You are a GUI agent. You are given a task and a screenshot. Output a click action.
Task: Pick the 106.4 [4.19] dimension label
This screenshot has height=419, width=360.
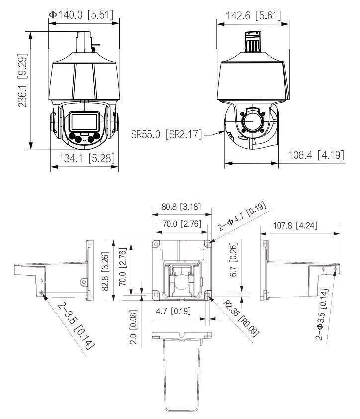[x=316, y=155]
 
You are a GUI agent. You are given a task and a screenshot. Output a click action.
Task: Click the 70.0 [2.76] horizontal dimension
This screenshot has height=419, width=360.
[x=180, y=224]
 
